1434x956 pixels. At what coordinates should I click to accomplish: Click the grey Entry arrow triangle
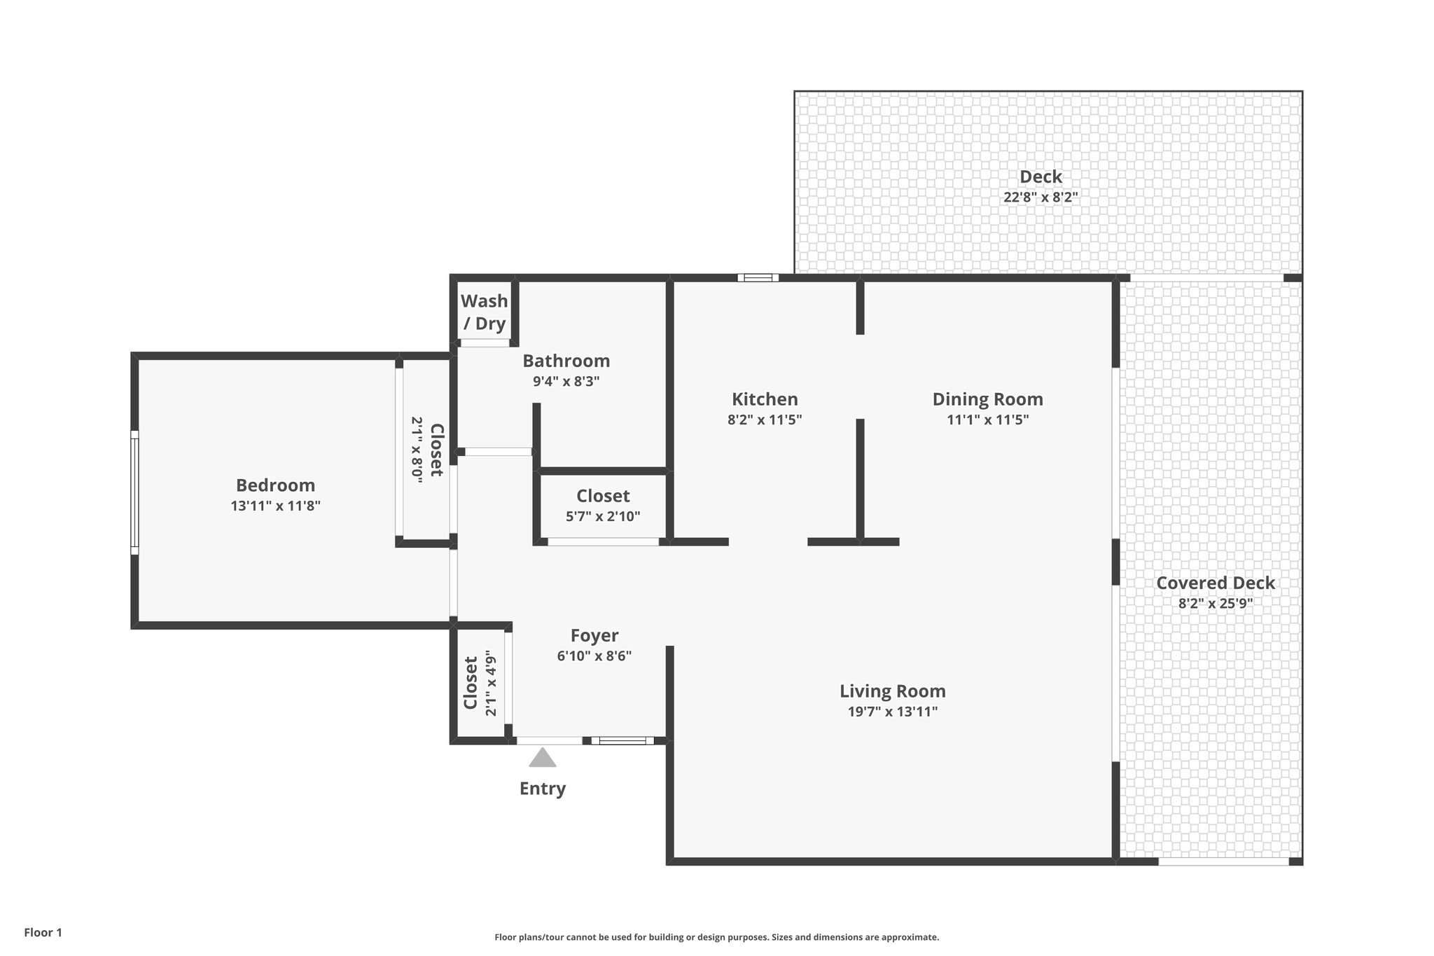point(542,758)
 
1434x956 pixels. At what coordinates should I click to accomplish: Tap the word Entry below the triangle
point(542,789)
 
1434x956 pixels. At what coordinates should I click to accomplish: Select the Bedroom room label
point(275,485)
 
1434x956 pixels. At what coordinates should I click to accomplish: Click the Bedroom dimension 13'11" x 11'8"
point(275,506)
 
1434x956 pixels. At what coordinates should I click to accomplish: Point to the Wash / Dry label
point(484,312)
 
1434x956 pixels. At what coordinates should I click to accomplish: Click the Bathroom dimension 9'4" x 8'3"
point(566,382)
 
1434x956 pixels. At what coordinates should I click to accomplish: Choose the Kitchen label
point(765,399)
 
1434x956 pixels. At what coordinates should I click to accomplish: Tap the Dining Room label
point(987,399)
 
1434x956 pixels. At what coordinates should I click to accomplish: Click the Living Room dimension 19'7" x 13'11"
point(892,712)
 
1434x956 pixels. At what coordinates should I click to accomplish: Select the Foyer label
point(594,635)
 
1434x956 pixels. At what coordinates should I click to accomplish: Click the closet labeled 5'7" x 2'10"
point(603,506)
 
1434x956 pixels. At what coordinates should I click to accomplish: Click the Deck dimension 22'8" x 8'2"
point(1040,198)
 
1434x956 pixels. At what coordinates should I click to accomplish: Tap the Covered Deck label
point(1215,583)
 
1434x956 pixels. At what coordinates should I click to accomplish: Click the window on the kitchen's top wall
point(758,278)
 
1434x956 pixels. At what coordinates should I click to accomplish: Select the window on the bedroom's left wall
point(134,492)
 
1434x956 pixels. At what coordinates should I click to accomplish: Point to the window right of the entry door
point(622,740)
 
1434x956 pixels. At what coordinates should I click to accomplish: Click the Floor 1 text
point(43,932)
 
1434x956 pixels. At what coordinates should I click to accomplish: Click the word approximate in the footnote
point(909,937)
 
